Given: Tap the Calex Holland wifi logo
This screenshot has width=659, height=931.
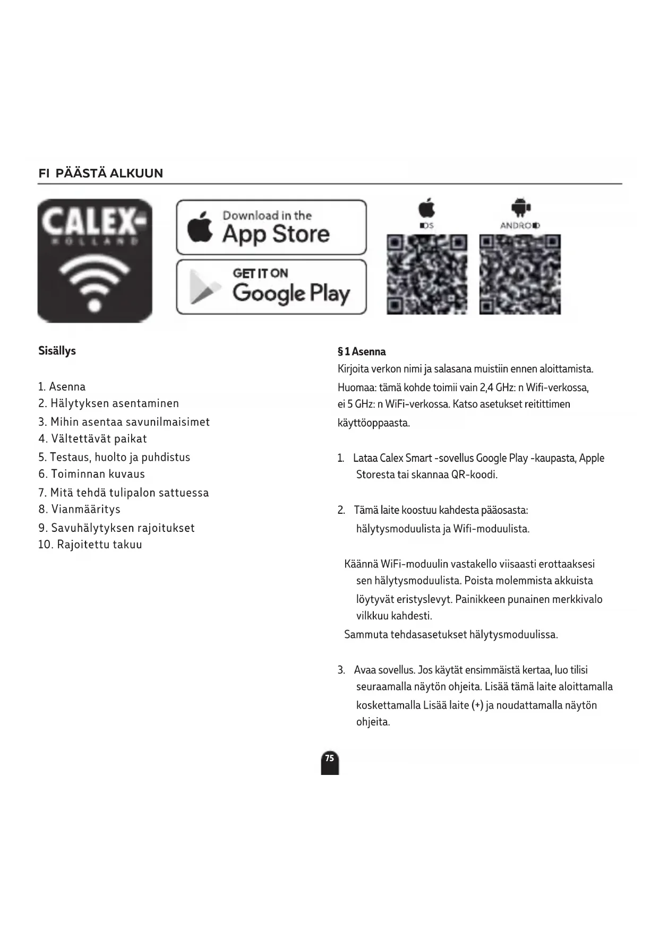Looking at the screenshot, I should [95, 261].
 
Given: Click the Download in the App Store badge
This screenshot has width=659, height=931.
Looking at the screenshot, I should [271, 227].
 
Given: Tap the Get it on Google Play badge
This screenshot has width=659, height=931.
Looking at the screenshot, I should [271, 287].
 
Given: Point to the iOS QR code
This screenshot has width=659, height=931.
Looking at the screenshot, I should [427, 274].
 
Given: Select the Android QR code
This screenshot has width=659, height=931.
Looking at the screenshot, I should [520, 274].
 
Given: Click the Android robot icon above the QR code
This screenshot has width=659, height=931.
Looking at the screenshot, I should [520, 208].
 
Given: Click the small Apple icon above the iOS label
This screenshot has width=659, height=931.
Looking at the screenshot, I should [426, 208].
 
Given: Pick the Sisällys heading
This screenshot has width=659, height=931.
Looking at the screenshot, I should [57, 351].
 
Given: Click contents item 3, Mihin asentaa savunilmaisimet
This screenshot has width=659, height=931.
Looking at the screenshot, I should [124, 422].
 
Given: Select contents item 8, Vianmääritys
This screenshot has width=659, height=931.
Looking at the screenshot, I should [80, 510].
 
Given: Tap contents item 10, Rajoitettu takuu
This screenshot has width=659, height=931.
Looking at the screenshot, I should [90, 545].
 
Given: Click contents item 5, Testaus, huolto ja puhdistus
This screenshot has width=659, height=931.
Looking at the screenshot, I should [114, 457].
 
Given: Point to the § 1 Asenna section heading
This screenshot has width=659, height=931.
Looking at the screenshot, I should [362, 351].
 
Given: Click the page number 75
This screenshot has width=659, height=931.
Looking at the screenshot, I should [330, 758].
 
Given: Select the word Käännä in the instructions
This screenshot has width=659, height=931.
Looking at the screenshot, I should [361, 564].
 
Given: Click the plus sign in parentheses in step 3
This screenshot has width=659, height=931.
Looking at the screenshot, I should [477, 705].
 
